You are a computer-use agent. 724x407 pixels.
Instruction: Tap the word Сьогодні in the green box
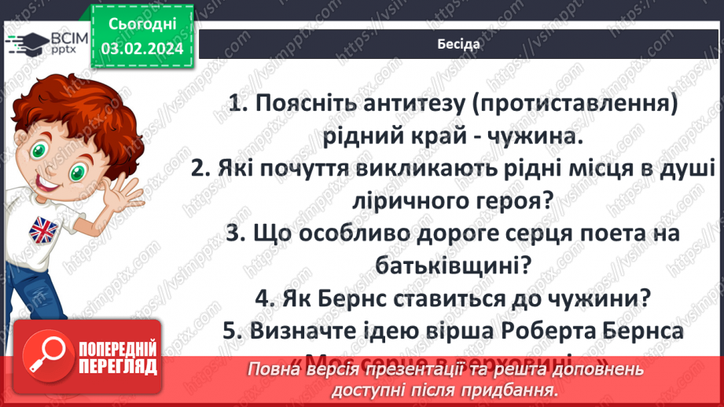point(142,26)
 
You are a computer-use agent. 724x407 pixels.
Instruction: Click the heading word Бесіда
point(458,44)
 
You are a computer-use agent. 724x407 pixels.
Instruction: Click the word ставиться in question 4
point(456,299)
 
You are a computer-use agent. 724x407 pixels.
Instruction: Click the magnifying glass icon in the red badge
point(41,358)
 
